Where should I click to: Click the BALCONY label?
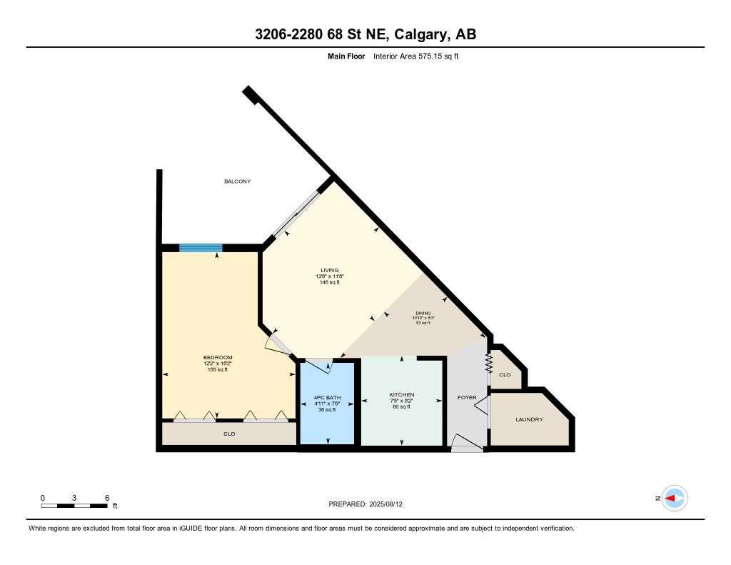tap(238, 181)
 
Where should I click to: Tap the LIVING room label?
tap(330, 270)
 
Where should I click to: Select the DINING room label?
tap(425, 313)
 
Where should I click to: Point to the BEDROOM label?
tap(218, 357)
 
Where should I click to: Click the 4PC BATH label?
tap(327, 398)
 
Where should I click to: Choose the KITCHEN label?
tap(401, 395)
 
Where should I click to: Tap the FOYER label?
tap(467, 397)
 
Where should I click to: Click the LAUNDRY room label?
tap(529, 419)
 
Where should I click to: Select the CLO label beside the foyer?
tap(505, 374)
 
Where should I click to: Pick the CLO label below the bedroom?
tap(229, 434)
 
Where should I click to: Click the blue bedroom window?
tap(201, 248)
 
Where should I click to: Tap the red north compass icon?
tap(673, 498)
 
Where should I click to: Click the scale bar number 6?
tap(106, 497)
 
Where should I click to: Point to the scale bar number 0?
tap(43, 497)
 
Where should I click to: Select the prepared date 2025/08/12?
tap(388, 504)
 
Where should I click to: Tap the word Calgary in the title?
tap(413, 34)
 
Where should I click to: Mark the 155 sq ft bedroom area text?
tap(217, 369)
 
